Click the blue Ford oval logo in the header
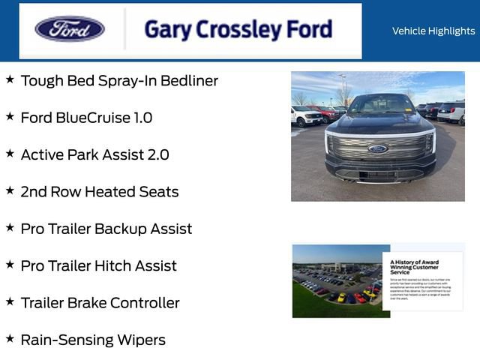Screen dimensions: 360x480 (70, 30)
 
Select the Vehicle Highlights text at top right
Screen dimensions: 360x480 (433, 31)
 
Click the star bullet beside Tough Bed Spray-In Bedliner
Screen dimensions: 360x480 (10, 79)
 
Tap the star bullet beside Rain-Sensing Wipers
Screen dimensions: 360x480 (10, 339)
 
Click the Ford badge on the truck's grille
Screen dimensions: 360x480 (378, 148)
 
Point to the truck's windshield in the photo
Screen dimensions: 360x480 (379, 105)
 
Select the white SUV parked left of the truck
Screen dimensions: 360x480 (306, 116)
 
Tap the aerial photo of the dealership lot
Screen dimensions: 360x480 (337, 280)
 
